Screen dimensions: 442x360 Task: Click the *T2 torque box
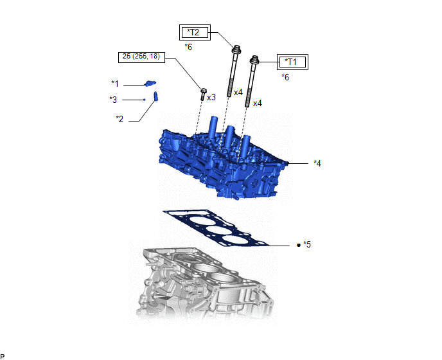195,32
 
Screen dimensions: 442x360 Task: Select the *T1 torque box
292,62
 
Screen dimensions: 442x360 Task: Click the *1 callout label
115,84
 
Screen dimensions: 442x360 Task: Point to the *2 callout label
119,119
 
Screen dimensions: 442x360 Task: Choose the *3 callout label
113,100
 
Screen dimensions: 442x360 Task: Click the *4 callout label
317,163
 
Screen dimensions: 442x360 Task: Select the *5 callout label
307,244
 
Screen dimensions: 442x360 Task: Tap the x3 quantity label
211,97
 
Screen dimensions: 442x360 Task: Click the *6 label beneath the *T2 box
188,47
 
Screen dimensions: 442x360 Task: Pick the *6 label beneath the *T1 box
285,77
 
